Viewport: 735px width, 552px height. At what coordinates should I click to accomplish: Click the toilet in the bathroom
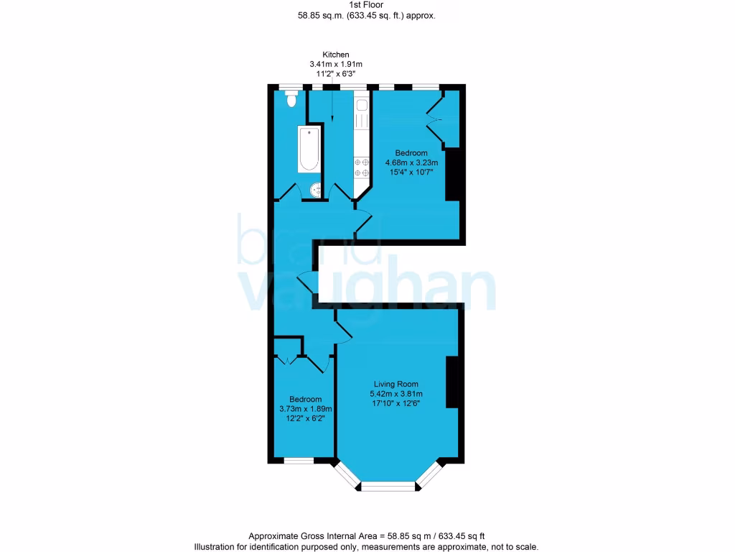[291, 100]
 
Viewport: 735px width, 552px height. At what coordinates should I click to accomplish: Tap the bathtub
[309, 149]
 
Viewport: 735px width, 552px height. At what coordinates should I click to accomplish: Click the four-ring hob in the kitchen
[360, 167]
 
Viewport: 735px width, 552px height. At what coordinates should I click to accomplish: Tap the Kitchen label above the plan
[336, 55]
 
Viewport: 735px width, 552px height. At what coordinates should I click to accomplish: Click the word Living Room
[395, 384]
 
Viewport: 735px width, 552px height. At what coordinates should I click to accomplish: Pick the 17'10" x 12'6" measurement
[395, 403]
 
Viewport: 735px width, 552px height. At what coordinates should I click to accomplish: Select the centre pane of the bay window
[388, 487]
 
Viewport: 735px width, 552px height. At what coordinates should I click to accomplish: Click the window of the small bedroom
[299, 461]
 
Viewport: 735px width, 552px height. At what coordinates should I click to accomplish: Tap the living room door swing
[343, 328]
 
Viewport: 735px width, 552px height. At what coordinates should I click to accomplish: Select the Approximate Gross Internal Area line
[367, 536]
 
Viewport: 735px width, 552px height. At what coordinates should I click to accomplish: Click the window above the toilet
[290, 87]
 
